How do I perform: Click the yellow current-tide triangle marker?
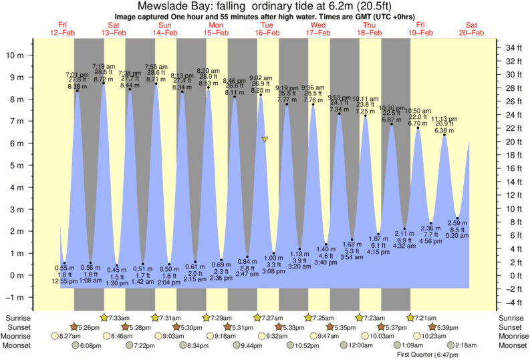[265, 140]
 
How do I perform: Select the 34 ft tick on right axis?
[513, 47]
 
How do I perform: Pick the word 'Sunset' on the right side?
[511, 327]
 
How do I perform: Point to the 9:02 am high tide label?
[261, 77]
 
